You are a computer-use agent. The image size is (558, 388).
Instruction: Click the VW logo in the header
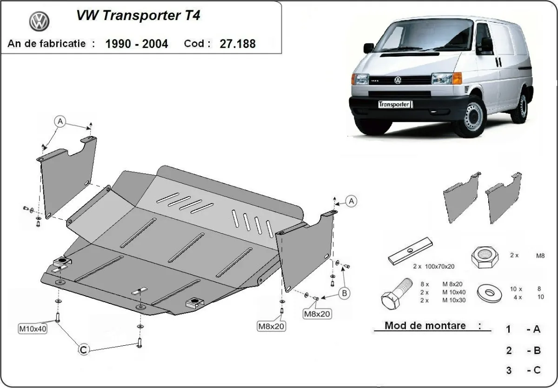click(x=39, y=21)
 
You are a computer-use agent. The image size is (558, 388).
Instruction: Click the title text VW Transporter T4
click(x=138, y=16)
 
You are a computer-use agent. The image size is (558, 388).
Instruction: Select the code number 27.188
click(x=239, y=44)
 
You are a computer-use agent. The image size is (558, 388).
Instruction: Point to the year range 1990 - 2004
click(x=137, y=44)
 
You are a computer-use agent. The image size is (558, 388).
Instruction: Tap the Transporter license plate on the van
click(x=394, y=104)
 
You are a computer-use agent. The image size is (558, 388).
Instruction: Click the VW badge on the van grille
click(x=398, y=80)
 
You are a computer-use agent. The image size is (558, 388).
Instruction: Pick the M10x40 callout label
click(x=32, y=329)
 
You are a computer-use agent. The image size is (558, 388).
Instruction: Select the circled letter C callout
click(x=83, y=350)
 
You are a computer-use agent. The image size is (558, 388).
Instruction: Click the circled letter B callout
click(x=345, y=293)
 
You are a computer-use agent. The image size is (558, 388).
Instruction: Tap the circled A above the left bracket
click(x=60, y=121)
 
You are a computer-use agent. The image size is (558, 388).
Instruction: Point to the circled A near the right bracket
click(x=352, y=201)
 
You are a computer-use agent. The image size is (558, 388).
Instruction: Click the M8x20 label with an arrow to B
click(x=317, y=314)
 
